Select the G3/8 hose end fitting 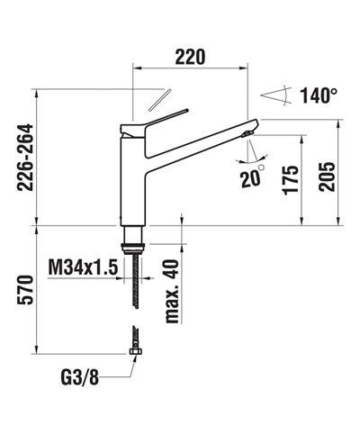click(134, 347)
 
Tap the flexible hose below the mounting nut click(135, 279)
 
